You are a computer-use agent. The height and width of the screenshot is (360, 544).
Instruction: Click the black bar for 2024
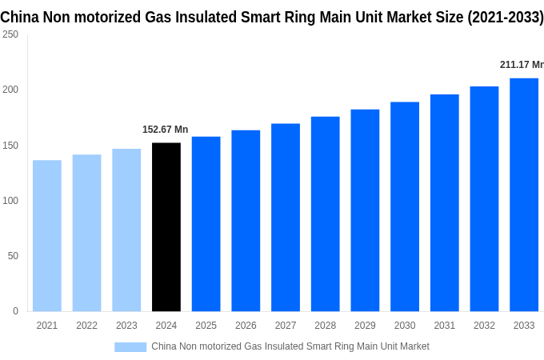[166, 227]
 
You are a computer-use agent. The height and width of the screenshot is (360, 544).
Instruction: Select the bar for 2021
[47, 236]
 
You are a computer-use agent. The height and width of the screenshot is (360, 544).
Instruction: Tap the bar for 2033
[524, 194]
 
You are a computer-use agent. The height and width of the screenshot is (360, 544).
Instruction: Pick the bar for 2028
[326, 214]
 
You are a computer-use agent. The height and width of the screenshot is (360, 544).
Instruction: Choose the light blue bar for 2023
[126, 230]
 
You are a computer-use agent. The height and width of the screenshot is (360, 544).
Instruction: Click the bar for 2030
[405, 206]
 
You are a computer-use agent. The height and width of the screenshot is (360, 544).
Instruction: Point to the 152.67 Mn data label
[165, 130]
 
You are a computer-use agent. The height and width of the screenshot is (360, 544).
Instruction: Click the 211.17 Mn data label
[521, 65]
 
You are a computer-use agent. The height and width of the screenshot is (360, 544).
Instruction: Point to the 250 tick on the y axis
[10, 34]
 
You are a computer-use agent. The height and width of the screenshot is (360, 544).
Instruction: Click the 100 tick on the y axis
[10, 201]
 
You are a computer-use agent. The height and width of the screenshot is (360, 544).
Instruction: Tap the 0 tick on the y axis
[15, 311]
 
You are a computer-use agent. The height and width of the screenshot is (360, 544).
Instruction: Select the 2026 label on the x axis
[246, 326]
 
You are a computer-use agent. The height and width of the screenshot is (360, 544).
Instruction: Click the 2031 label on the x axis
[445, 326]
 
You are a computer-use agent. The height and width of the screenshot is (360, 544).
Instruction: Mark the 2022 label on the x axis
[86, 326]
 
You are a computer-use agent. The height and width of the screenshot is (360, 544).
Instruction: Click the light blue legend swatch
[130, 346]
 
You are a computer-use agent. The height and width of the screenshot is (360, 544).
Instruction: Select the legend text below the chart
[290, 346]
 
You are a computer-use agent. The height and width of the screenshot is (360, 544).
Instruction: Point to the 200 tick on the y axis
[10, 90]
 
